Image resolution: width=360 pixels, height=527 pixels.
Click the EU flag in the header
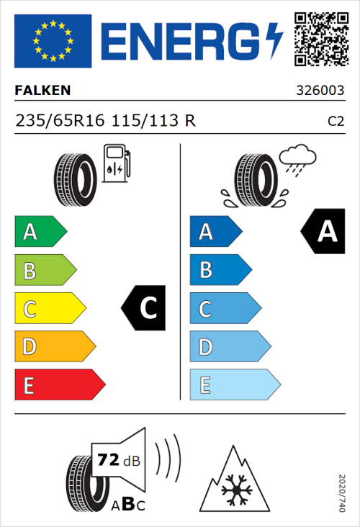(53, 41)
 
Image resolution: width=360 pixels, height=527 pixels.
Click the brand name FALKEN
(42, 90)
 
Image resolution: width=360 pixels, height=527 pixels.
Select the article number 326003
(320, 91)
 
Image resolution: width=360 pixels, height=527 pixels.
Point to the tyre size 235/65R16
(60, 120)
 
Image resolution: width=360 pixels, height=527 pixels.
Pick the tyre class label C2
(335, 121)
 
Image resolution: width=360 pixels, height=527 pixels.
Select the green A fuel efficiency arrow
(40, 232)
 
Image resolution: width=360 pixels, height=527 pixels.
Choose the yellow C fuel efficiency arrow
(49, 309)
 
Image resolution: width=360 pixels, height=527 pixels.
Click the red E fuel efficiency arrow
(59, 385)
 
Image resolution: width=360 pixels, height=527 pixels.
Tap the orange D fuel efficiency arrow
(54, 347)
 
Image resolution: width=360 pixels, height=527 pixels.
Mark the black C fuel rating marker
(143, 308)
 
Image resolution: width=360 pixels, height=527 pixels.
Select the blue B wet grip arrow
(220, 271)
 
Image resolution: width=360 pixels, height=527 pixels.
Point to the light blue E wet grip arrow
(234, 385)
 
